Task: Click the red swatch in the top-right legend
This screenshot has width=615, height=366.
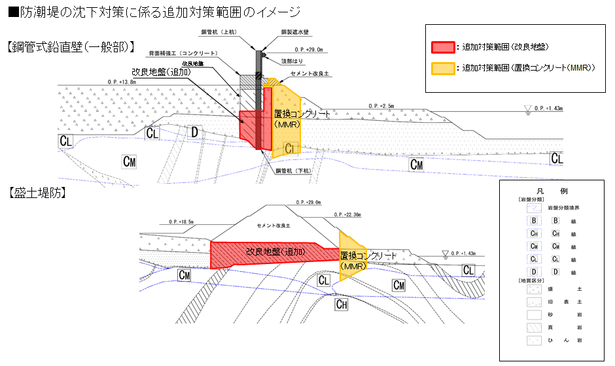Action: [x=442, y=47]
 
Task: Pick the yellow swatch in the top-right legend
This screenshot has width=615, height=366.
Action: [x=442, y=68]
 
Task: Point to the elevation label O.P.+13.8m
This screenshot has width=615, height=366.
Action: [x=122, y=82]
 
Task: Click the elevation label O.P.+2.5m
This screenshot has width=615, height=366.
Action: [x=383, y=105]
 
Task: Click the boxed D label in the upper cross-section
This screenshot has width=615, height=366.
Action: [x=194, y=133]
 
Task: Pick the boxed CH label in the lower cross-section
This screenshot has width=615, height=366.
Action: [x=342, y=304]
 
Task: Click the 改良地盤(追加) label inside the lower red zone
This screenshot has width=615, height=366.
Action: [x=275, y=250]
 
